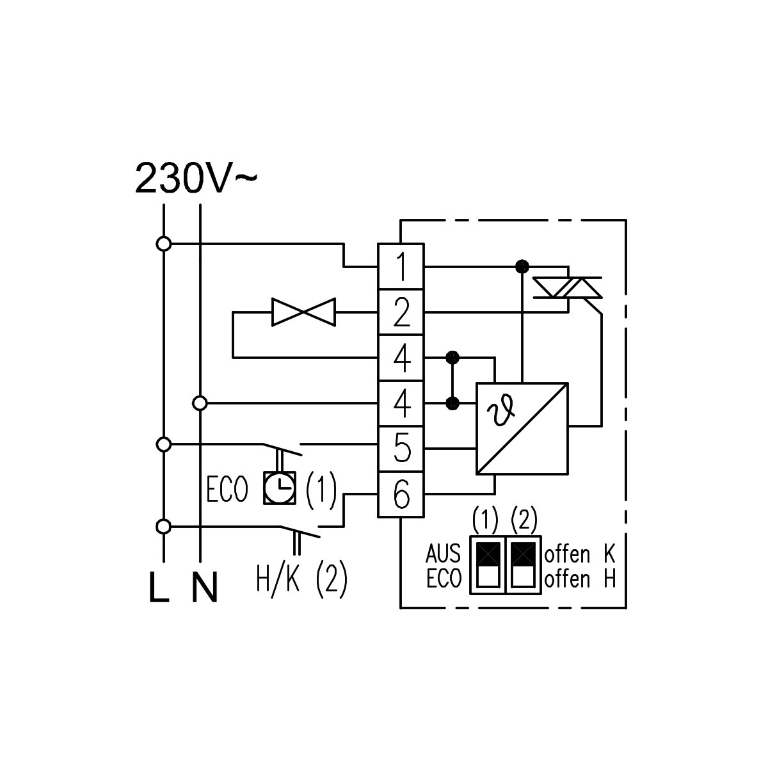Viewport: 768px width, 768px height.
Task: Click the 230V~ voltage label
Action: (196, 178)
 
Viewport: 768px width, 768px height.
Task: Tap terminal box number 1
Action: (401, 266)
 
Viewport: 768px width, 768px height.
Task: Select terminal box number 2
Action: (401, 312)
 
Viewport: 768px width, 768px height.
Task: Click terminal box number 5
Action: (401, 449)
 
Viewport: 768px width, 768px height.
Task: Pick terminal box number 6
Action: (401, 495)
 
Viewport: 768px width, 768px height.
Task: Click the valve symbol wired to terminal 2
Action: (303, 312)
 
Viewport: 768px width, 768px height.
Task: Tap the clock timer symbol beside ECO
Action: (280, 488)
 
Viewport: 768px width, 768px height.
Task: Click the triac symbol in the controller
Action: (568, 288)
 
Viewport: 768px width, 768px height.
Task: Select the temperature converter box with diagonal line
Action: (522, 429)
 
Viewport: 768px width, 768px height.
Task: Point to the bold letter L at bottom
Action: (159, 587)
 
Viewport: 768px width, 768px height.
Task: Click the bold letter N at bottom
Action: (204, 587)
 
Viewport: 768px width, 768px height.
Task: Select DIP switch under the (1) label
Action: (488, 564)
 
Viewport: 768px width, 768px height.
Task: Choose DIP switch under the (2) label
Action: (523, 564)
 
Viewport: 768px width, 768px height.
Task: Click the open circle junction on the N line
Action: (200, 403)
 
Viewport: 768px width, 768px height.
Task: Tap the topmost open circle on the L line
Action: (163, 243)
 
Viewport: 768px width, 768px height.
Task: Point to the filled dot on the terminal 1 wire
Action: (522, 266)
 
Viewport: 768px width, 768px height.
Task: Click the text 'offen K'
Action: (580, 554)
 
